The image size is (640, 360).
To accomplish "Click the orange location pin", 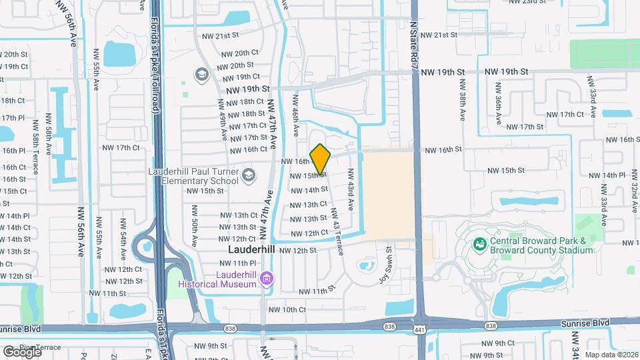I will click(321, 159).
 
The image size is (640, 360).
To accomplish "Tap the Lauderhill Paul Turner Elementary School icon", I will click(249, 175).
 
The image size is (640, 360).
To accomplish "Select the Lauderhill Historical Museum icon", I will click(266, 277).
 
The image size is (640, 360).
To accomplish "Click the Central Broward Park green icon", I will click(479, 245).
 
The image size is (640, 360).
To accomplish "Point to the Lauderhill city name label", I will click(251, 249).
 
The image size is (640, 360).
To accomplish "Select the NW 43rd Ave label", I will click(349, 189).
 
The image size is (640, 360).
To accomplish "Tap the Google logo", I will click(22, 351).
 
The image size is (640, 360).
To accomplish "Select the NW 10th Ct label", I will click(287, 310).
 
